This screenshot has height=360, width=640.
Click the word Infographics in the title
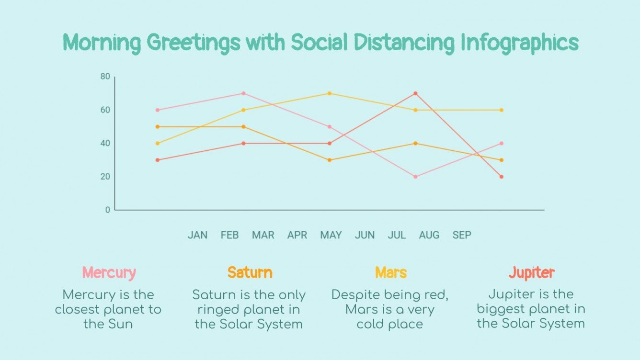coord(519,43)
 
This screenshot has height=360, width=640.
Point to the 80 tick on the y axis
coord(105,77)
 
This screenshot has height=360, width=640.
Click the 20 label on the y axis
coord(105,177)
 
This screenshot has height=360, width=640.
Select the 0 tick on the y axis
coord(107,210)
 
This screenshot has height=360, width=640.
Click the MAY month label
coord(331,235)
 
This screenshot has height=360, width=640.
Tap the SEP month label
coord(462,235)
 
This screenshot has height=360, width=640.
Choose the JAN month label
coord(197,235)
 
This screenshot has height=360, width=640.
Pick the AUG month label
coord(429,235)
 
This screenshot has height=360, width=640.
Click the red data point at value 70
coord(415,93)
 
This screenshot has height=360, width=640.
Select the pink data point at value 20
coord(415,177)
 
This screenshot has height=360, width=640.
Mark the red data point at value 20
coord(502,177)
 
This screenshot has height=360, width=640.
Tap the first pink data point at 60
coord(157,110)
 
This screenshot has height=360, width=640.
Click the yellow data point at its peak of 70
coord(329,93)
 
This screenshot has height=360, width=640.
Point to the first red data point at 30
coord(157,160)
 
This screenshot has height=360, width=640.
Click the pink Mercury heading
coord(109,273)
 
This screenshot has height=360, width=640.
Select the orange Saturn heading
coord(250,273)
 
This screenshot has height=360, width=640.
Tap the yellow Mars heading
coord(390,273)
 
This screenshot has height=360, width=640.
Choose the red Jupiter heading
coord(531,273)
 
